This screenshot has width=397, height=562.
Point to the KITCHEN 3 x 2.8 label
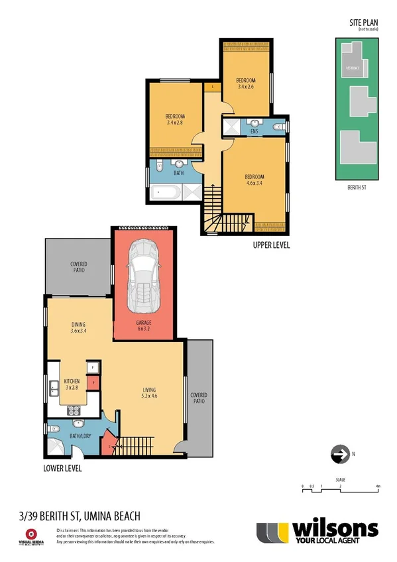coord(72,385)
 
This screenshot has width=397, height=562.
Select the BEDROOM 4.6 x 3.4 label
coord(255,180)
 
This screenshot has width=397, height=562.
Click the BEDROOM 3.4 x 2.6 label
coord(246,83)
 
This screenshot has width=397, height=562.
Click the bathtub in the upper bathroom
coord(165,193)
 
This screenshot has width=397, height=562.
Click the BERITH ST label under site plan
coord(357,188)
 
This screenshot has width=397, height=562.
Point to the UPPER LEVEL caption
coord(272,246)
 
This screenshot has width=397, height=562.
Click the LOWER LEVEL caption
coord(63,468)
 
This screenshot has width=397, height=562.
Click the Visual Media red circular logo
coord(30,534)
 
